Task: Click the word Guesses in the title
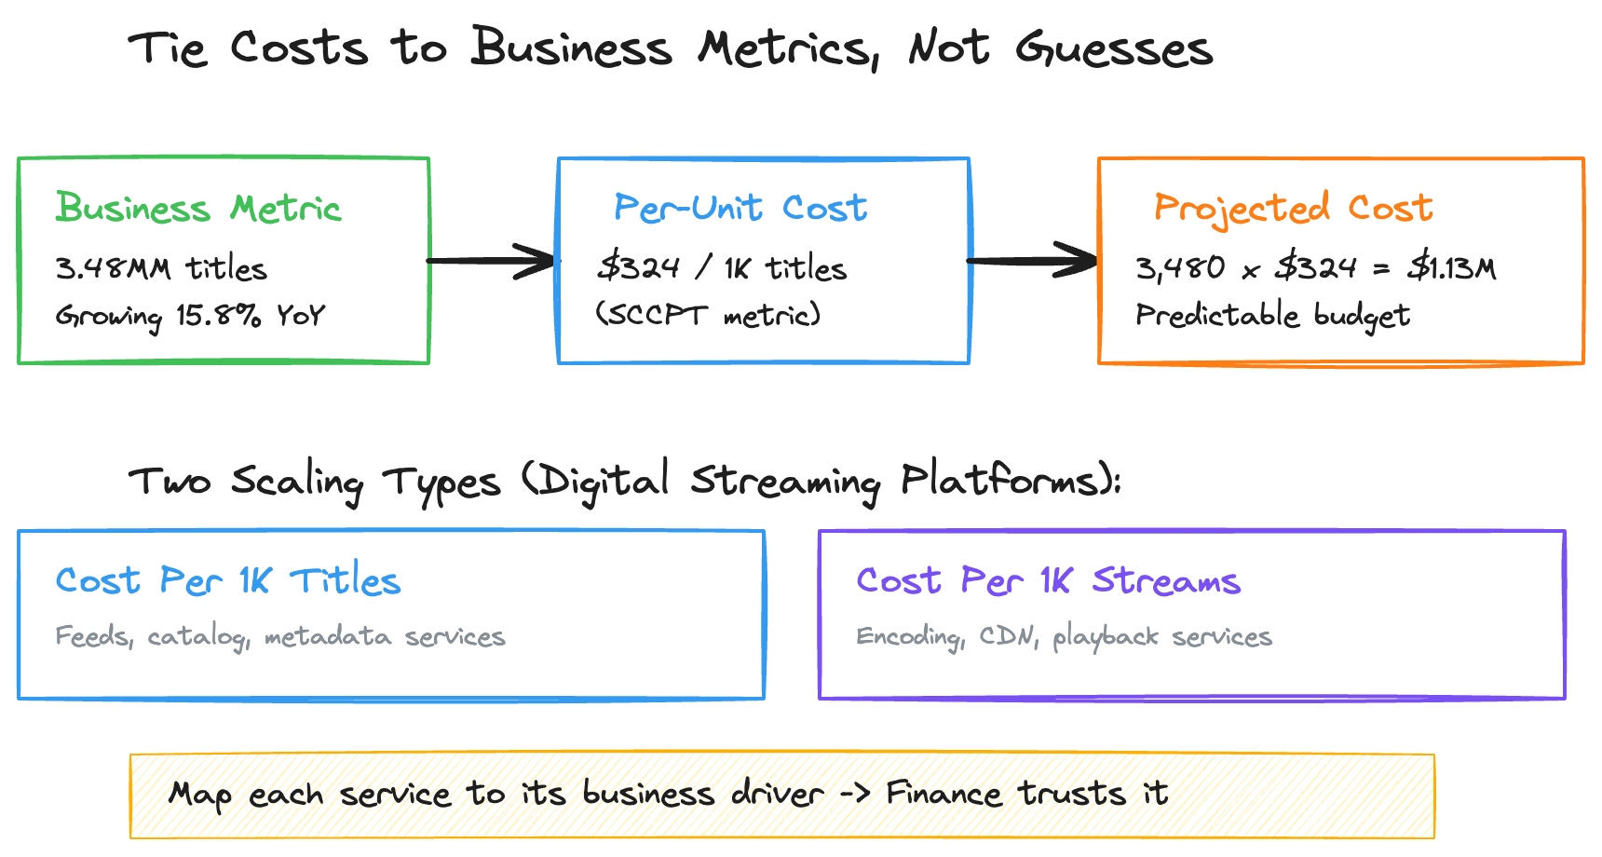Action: [1114, 48]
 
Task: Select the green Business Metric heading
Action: [198, 208]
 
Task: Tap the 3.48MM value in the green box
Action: [113, 268]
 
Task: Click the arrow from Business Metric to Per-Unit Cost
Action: [492, 261]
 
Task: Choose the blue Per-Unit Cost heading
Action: [740, 208]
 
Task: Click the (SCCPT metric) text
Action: [708, 315]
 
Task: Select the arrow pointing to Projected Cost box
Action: [1033, 261]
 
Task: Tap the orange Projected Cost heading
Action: [1293, 208]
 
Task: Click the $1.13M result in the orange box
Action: [1451, 268]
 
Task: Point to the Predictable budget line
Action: [1272, 315]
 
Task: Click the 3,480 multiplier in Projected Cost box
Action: [1180, 268]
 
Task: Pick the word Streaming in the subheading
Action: [784, 482]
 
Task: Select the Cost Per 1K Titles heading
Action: [228, 580]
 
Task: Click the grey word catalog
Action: [197, 637]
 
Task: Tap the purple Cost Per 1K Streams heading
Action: [1048, 580]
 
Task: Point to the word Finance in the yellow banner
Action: [944, 794]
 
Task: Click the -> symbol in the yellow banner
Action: [855, 794]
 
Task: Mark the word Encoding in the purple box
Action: [909, 636]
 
